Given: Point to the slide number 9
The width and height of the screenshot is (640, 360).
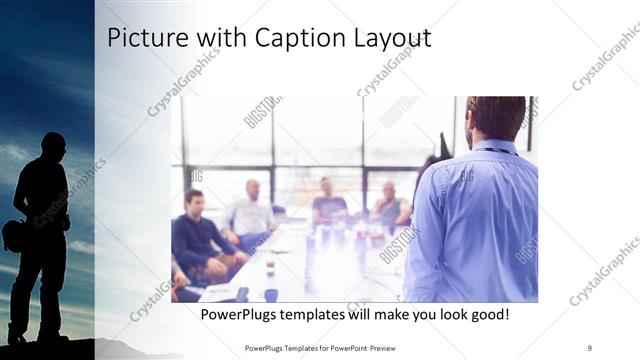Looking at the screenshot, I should tap(589, 347).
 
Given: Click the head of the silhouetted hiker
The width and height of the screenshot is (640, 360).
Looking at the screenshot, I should tap(53, 146).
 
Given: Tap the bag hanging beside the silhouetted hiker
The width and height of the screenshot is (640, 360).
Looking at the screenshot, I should tap(15, 235).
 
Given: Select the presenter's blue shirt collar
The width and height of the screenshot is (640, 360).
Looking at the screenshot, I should tap(496, 149).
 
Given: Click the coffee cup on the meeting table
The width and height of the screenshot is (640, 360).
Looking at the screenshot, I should tap(270, 263).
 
